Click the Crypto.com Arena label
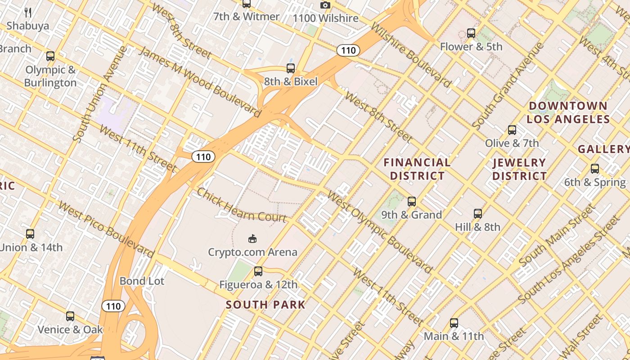tap(252, 252)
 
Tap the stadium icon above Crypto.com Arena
tap(252, 238)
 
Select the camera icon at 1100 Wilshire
tap(325, 5)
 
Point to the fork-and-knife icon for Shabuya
tap(28, 12)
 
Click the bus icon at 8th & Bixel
tap(291, 68)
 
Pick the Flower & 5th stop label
tap(471, 46)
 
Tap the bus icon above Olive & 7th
tap(512, 130)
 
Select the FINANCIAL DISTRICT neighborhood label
tap(417, 169)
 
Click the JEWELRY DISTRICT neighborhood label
tap(519, 169)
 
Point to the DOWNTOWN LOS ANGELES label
tap(568, 112)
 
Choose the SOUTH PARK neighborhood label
tap(265, 305)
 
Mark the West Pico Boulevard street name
tap(106, 230)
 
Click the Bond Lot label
tap(142, 281)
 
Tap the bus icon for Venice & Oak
tap(70, 316)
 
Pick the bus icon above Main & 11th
tap(454, 323)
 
